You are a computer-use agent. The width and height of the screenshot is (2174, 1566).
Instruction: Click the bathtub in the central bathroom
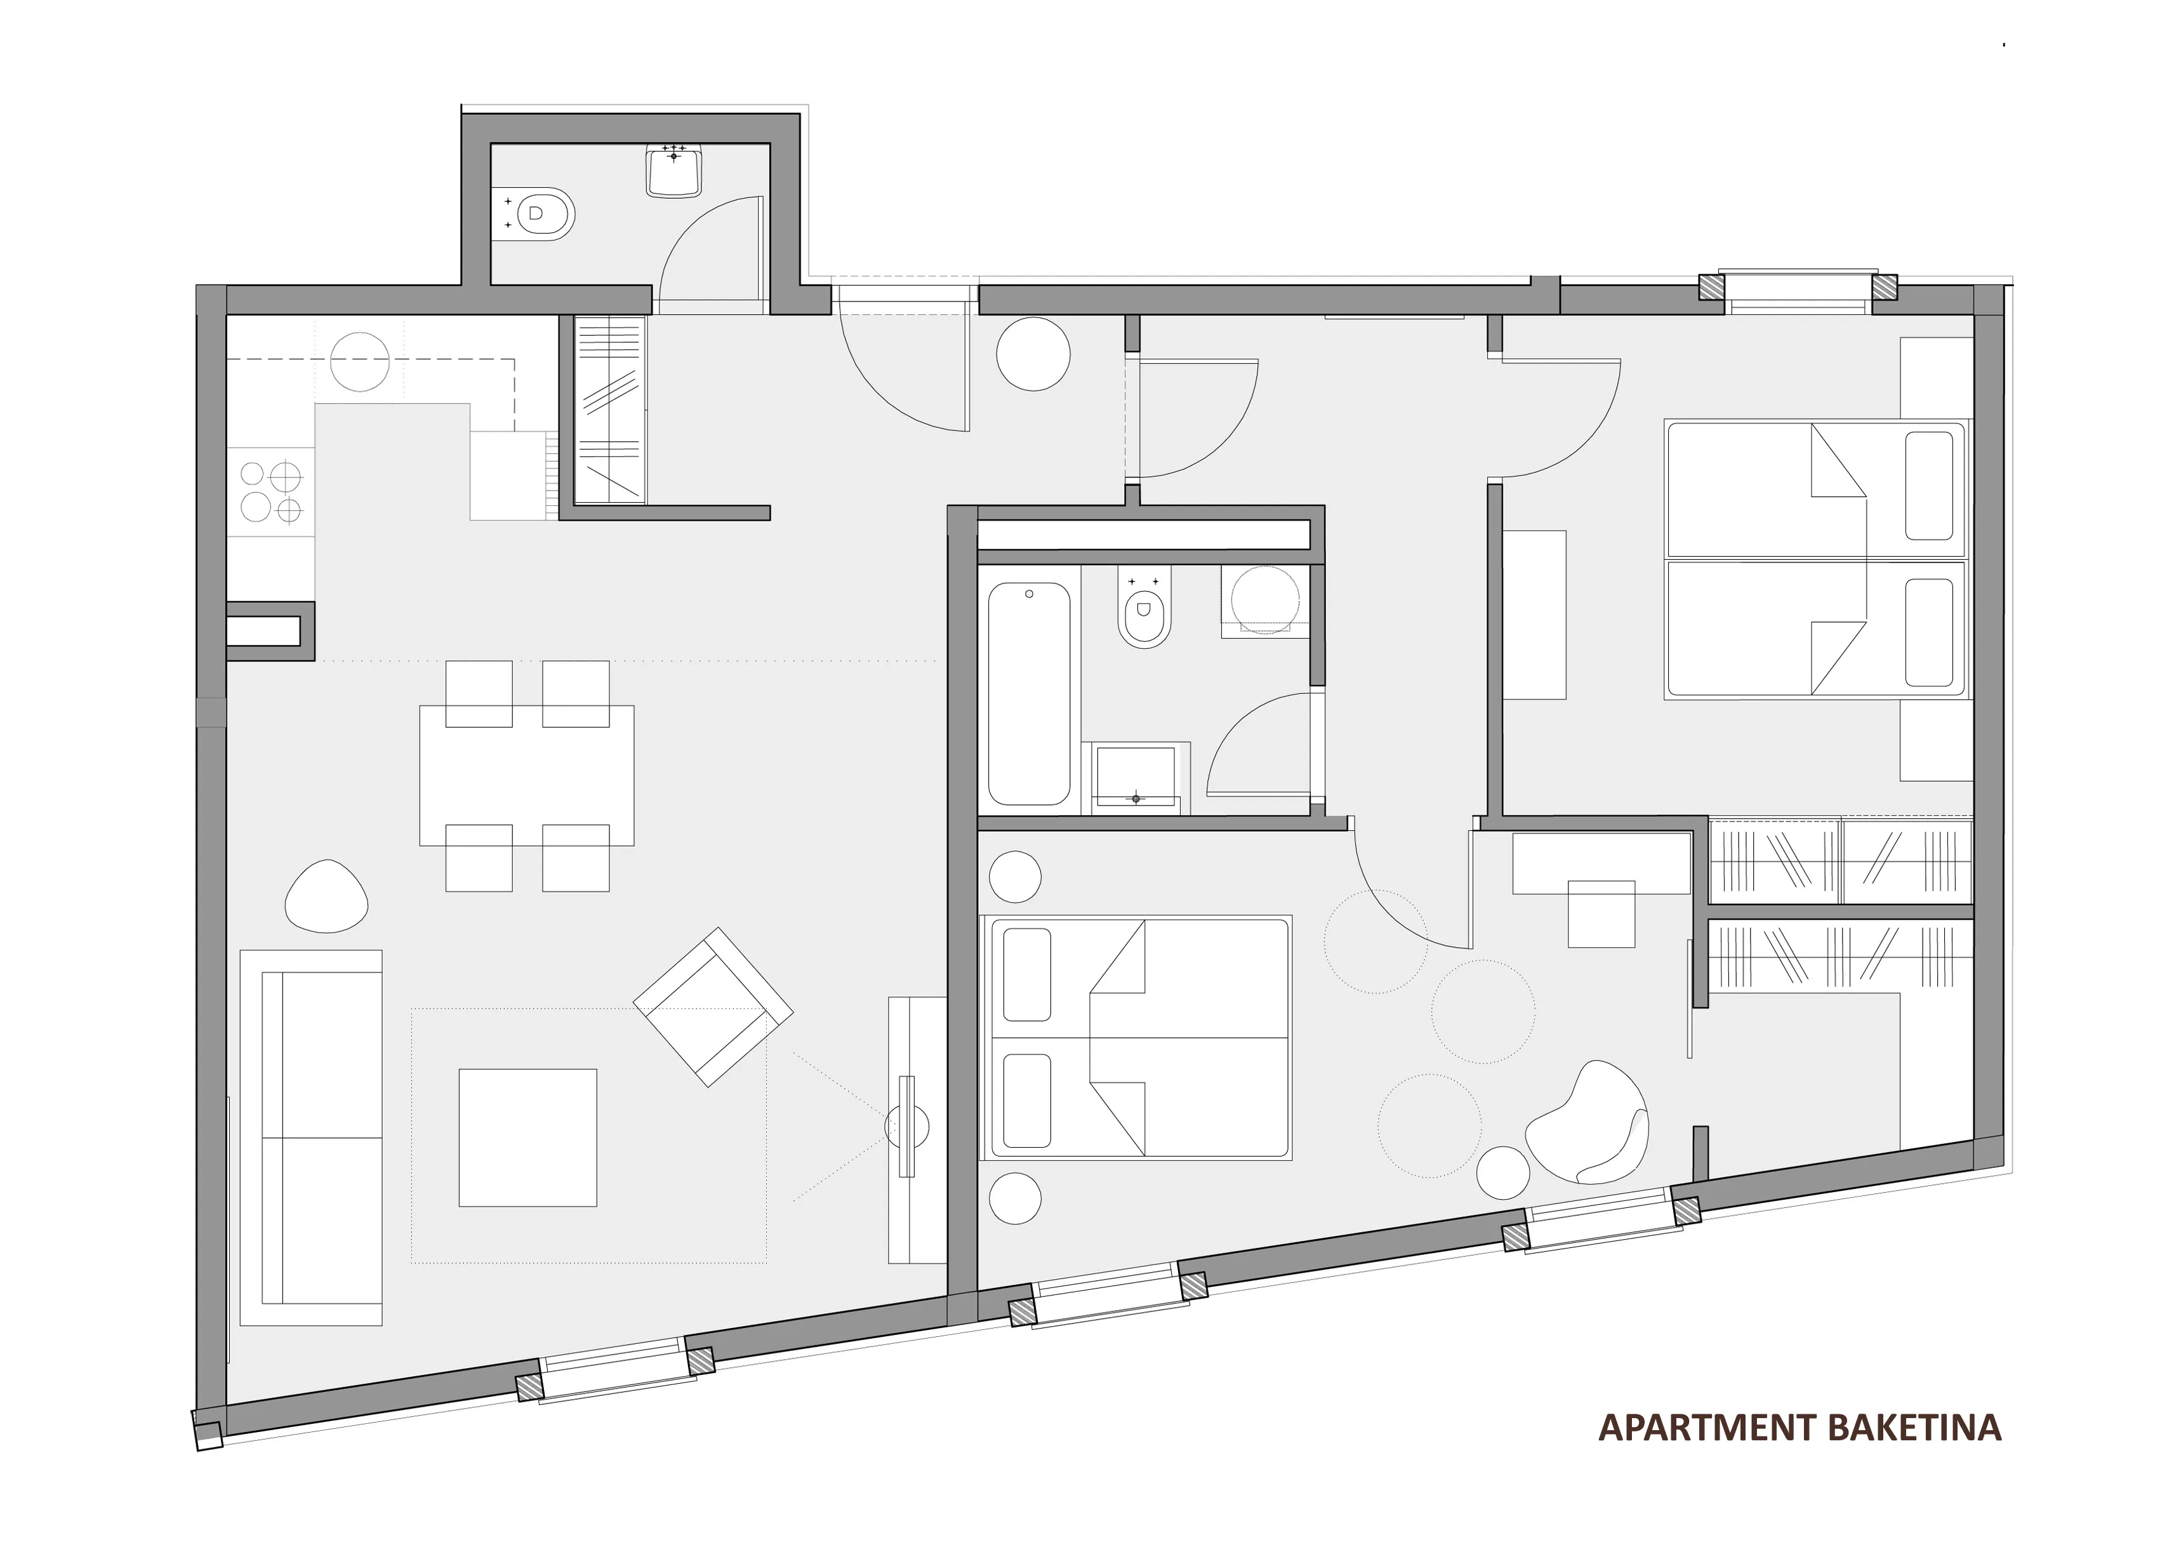1030,694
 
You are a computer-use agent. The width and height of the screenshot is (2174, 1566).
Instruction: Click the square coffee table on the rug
528,1138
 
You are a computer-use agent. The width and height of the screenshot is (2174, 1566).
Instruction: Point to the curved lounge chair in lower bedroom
1586,1122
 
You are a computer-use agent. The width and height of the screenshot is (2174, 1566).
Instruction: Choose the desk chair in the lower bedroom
1601,913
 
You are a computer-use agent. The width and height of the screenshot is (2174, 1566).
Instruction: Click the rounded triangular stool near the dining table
327,896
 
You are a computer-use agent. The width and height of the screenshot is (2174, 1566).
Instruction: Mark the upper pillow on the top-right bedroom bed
1928,486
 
